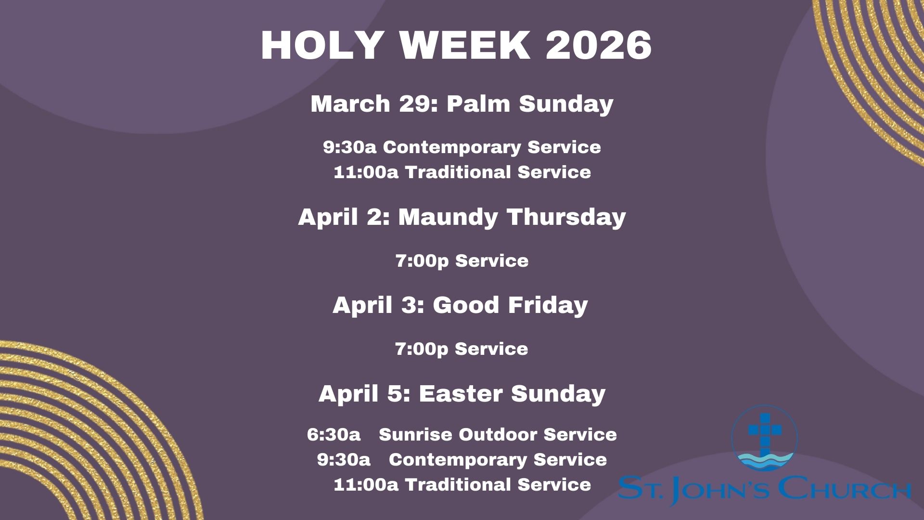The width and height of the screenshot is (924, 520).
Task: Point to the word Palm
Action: (x=478, y=104)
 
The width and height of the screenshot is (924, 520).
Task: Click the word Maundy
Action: (x=448, y=217)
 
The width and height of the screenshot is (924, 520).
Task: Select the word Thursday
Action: (x=566, y=217)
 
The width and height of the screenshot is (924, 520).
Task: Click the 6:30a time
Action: (x=334, y=435)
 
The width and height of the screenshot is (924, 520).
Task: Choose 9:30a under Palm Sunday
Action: (x=350, y=147)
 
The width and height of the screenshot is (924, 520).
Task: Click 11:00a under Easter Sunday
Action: (x=366, y=485)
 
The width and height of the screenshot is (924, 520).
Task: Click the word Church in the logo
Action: (x=845, y=489)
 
